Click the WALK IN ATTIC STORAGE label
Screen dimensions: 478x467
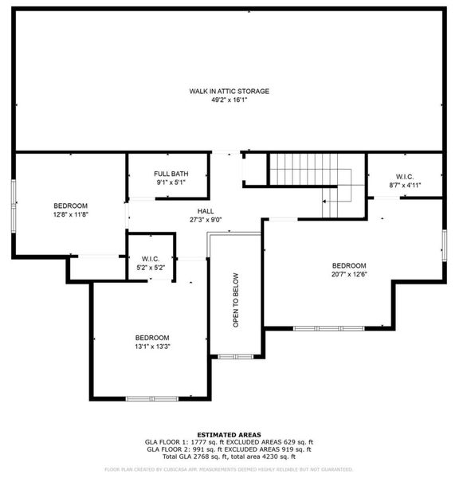pyautogui.click(x=229, y=91)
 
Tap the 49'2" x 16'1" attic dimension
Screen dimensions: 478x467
pyautogui.click(x=229, y=101)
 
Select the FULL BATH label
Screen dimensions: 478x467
pyautogui.click(x=171, y=174)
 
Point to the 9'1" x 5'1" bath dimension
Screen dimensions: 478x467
pyautogui.click(x=171, y=184)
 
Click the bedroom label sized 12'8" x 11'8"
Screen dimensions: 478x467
pyautogui.click(x=70, y=206)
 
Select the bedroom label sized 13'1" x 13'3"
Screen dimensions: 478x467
pyautogui.click(x=151, y=337)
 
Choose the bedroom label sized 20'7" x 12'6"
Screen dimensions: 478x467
pyautogui.click(x=349, y=265)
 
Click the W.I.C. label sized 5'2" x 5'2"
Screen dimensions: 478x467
pyautogui.click(x=151, y=258)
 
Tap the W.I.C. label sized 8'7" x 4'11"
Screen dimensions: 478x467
pyautogui.click(x=404, y=175)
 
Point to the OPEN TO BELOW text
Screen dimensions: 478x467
pyautogui.click(x=236, y=300)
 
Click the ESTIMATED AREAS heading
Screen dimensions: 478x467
pyautogui.click(x=229, y=434)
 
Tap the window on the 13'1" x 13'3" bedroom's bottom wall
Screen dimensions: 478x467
pyautogui.click(x=151, y=398)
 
